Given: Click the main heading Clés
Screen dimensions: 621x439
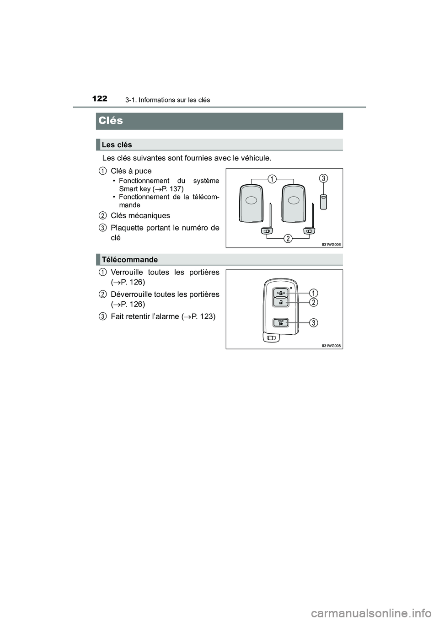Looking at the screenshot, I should click(x=111, y=121).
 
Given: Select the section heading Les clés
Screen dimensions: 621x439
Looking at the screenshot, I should click(x=117, y=145).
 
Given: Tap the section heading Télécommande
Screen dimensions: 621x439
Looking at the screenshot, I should click(x=130, y=259).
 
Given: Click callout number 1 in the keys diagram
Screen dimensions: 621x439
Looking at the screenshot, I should click(x=272, y=179).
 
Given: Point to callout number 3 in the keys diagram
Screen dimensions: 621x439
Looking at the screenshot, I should click(x=323, y=178).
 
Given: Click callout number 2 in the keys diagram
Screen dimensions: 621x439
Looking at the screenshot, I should click(x=288, y=239).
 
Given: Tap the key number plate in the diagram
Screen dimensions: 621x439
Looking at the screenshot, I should click(x=323, y=201).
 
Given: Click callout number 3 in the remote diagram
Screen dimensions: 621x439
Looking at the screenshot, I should click(x=313, y=323).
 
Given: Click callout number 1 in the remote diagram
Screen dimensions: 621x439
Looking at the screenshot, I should click(x=313, y=293).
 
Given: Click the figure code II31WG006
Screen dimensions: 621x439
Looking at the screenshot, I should click(x=331, y=245).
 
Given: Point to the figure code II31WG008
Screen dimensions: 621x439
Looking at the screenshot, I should click(x=331, y=346).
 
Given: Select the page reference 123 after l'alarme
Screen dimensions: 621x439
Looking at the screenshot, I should click(x=203, y=316).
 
